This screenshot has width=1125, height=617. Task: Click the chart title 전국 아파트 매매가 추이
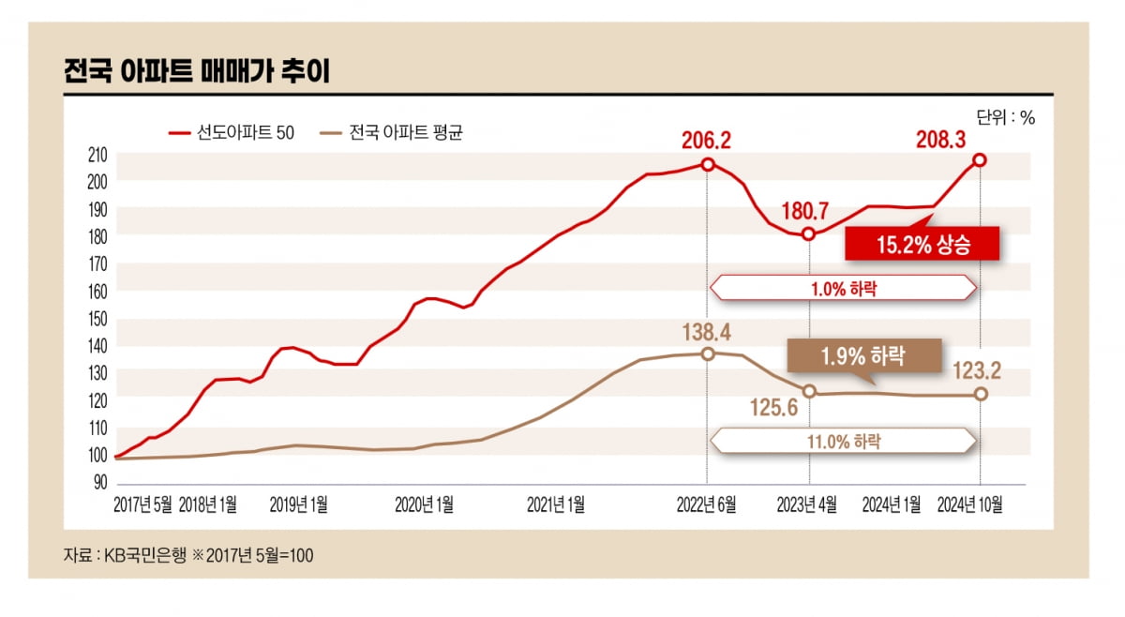pos(196,72)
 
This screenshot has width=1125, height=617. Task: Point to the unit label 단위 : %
pos(1005,118)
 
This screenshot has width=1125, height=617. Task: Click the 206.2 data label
pos(707,142)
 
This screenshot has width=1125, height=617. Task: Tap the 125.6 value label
pos(773,408)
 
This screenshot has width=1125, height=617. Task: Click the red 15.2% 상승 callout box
pos(922,245)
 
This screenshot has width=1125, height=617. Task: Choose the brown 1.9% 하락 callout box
pos(863,356)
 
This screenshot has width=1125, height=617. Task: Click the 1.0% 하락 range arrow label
pos(843,288)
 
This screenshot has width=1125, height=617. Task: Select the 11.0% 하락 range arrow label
pos(843,441)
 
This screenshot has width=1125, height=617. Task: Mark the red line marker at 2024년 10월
pos(980,160)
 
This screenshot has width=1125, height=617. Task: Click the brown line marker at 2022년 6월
pos(708,354)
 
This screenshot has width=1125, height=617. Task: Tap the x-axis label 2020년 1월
pos(424,505)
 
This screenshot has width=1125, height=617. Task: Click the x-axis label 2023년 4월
pos(808,505)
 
